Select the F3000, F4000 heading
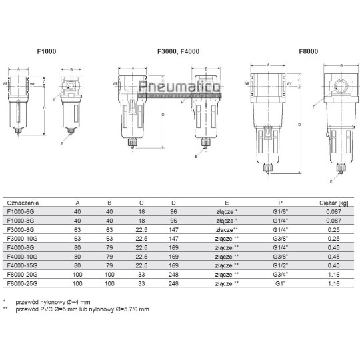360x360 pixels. pyautogui.click(x=178, y=51)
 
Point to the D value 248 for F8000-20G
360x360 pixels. pyautogui.click(x=174, y=273)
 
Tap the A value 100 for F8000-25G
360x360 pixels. pyautogui.click(x=78, y=282)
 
